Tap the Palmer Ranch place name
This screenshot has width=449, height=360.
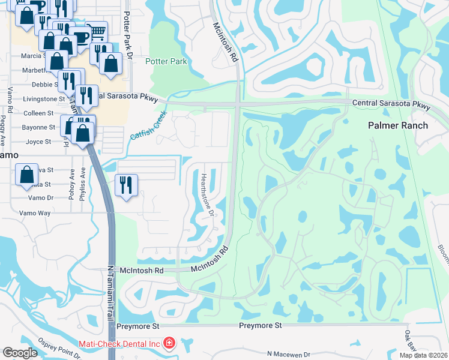pyautogui.click(x=398, y=125)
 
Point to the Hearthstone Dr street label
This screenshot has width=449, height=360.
pyautogui.click(x=207, y=194)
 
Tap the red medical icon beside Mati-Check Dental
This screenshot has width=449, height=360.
pyautogui.click(x=169, y=343)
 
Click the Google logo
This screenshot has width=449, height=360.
pyautogui.click(x=20, y=352)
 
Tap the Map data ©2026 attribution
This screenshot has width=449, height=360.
pyautogui.click(x=424, y=355)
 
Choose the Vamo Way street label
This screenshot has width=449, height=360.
pyautogui.click(x=35, y=213)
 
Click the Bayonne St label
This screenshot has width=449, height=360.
pyautogui.click(x=39, y=127)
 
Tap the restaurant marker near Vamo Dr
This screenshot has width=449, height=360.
pyautogui.click(x=125, y=185)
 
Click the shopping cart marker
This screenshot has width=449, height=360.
pyautogui.click(x=96, y=32)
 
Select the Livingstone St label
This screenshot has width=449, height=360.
pyautogui.click(x=43, y=99)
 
